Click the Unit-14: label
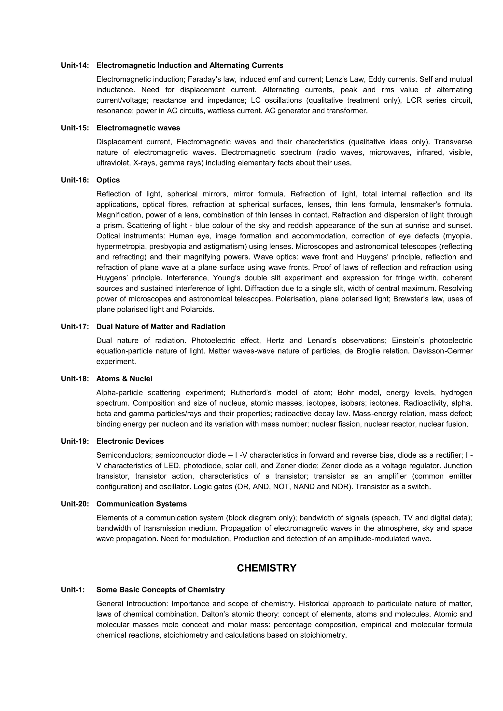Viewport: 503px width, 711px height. (75, 65)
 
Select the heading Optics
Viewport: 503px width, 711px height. (108, 180)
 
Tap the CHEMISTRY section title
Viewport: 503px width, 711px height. (266, 568)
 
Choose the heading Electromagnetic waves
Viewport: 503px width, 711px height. (138, 128)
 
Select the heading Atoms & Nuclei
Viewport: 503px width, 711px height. (124, 379)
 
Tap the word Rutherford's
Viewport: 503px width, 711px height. (251, 393)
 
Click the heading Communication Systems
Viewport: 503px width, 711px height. (141, 504)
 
